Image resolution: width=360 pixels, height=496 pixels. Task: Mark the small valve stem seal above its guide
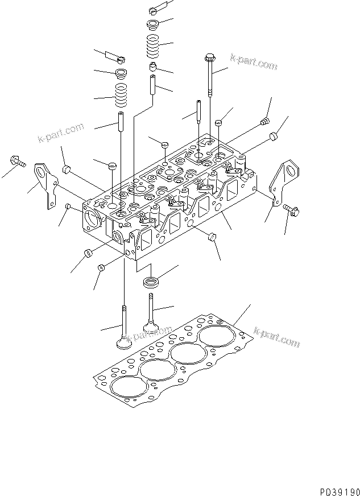point(152,68)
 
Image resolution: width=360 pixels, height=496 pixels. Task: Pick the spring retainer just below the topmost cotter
point(152,25)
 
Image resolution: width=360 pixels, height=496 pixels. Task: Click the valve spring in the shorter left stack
point(121,94)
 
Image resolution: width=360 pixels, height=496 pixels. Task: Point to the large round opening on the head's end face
point(93,218)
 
